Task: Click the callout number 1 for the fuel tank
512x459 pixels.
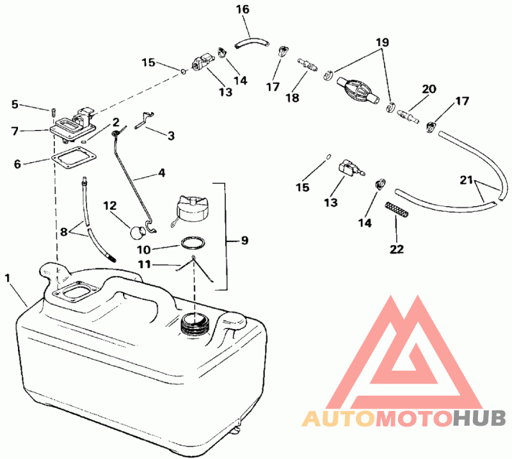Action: click(8, 278)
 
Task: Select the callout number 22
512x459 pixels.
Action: click(397, 249)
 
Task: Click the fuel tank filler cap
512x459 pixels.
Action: click(189, 210)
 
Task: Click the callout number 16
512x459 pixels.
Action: click(243, 10)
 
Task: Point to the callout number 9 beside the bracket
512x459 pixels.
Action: click(244, 241)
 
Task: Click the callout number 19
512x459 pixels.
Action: click(382, 42)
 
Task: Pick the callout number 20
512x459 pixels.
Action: click(429, 89)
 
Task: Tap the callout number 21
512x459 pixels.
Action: click(467, 180)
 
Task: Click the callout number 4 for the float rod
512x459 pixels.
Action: click(162, 172)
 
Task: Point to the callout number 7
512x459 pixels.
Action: click(15, 131)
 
